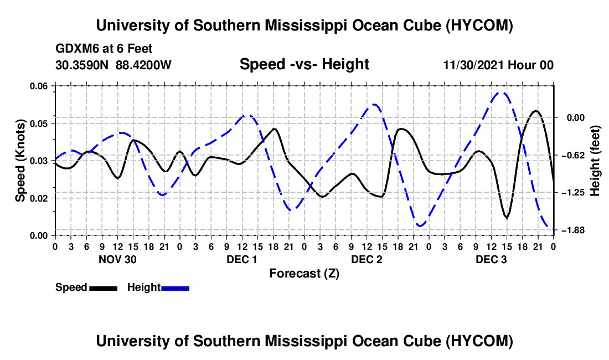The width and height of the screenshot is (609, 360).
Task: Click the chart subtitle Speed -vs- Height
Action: pyautogui.click(x=304, y=64)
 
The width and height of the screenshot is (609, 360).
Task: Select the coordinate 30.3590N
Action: pyautogui.click(x=82, y=65)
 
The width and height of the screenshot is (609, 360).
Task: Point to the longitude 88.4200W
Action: pyautogui.click(x=143, y=65)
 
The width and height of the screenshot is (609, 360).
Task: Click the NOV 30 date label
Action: pyautogui.click(x=118, y=259)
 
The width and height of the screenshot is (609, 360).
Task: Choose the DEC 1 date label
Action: pyautogui.click(x=242, y=259)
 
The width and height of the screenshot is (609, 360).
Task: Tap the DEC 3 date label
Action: pyautogui.click(x=491, y=259)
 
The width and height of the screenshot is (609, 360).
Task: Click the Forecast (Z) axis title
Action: pyautogui.click(x=304, y=274)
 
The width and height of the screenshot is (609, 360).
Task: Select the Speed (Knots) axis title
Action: pyautogui.click(x=20, y=161)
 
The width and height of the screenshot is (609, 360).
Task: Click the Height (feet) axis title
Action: pyautogui.click(x=595, y=161)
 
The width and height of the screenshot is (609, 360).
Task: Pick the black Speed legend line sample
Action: pyautogui.click(x=104, y=288)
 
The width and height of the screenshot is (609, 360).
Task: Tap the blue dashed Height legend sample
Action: pyautogui.click(x=175, y=288)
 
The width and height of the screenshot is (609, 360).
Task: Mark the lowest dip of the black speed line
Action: pyautogui.click(x=507, y=218)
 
